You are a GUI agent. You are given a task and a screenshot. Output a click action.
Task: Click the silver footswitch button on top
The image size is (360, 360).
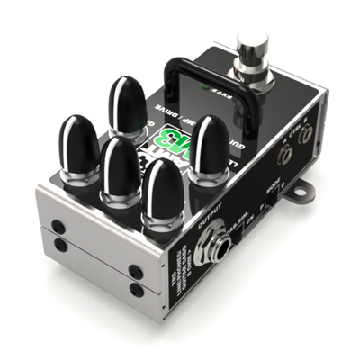pos(250,45)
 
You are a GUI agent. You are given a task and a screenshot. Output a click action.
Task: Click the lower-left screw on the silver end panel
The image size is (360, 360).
pos(60,244)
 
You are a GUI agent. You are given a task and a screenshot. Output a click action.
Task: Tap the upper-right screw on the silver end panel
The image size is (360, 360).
pos(135,271)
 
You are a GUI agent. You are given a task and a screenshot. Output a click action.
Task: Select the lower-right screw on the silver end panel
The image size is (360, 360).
pos(135,289)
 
